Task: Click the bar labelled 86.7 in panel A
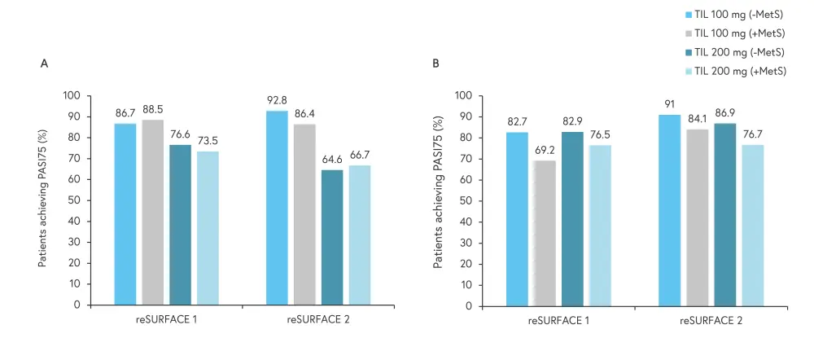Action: point(125,214)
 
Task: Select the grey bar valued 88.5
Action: point(152,213)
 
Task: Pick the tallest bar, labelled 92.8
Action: point(277,208)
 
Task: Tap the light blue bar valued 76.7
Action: point(752,226)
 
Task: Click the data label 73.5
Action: point(208,142)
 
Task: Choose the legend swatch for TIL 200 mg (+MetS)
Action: point(689,71)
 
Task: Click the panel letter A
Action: point(44,63)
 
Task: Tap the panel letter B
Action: point(436,63)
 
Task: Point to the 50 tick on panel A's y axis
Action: point(76,200)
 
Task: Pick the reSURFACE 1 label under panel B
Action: point(558,321)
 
